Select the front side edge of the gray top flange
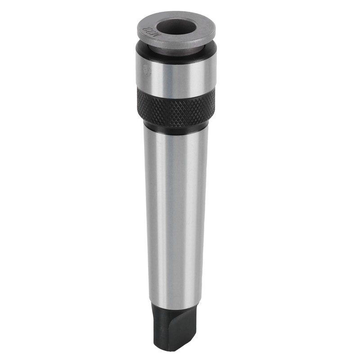[175, 45]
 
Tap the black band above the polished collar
[175, 56]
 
